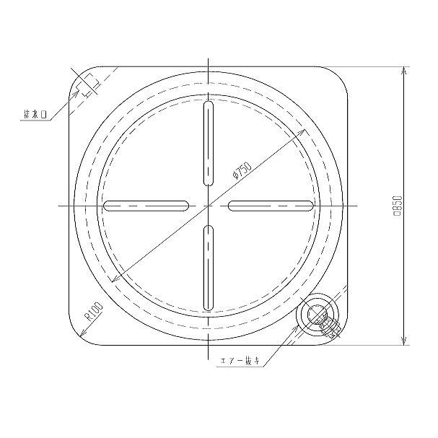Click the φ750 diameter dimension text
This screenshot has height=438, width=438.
pyautogui.click(x=242, y=170)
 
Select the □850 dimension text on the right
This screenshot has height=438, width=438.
pyautogui.click(x=397, y=206)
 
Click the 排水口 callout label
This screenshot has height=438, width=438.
pyautogui.click(x=35, y=115)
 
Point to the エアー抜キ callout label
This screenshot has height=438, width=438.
pyautogui.click(x=240, y=361)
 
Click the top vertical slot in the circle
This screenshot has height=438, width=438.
pyautogui.click(x=209, y=144)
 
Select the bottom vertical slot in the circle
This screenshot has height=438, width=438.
pyautogui.click(x=209, y=268)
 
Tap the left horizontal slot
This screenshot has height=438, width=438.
pyautogui.click(x=146, y=206)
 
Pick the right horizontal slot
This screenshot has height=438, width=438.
pyautogui.click(x=271, y=206)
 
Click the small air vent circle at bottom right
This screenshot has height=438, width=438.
pyautogui.click(x=317, y=315)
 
